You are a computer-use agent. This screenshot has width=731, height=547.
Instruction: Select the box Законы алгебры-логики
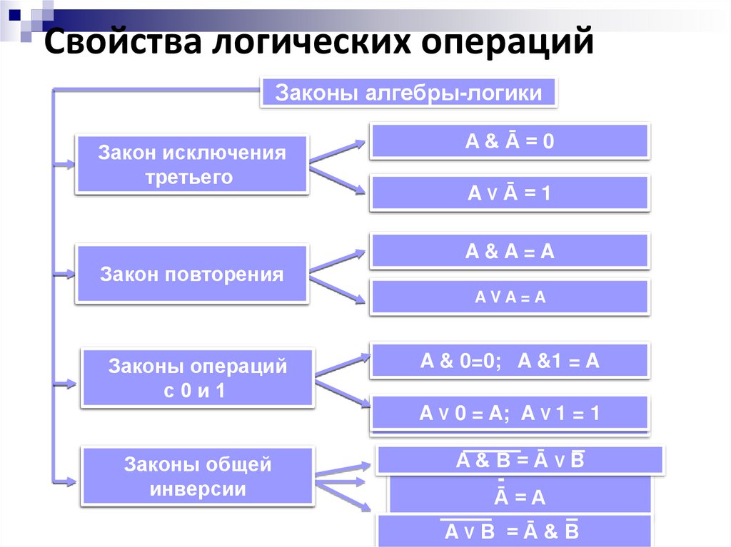(x=408, y=93)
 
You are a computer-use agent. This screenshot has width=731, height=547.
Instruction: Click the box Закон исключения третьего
(x=192, y=165)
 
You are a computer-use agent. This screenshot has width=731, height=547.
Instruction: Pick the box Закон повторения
(x=192, y=275)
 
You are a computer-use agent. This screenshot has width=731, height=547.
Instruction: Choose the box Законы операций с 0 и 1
(x=197, y=379)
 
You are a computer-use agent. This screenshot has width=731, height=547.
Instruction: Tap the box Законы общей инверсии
(x=197, y=476)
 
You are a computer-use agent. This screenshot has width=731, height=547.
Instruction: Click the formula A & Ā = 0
(x=509, y=141)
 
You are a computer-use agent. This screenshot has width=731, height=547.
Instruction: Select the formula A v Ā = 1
(x=509, y=193)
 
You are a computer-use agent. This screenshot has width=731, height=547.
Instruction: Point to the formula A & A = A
(x=509, y=251)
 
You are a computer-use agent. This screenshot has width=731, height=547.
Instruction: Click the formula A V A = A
(x=509, y=297)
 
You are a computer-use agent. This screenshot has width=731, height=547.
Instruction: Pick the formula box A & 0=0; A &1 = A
(x=509, y=361)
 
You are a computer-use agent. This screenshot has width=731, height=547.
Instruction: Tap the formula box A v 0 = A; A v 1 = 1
(x=509, y=414)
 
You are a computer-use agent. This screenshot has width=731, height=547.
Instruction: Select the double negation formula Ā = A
(x=519, y=496)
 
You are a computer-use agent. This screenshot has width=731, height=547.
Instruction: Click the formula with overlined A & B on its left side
(x=520, y=460)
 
